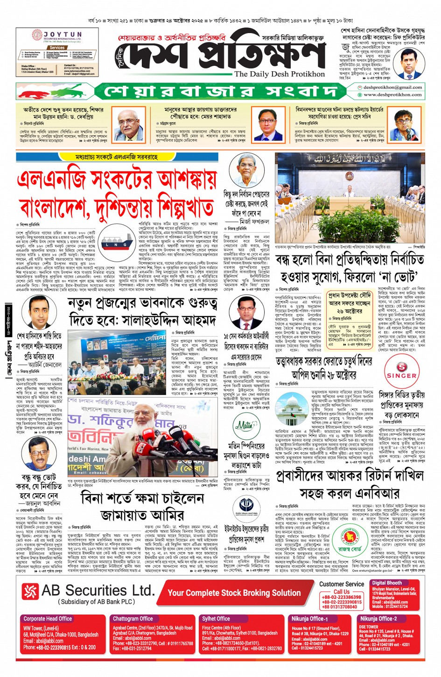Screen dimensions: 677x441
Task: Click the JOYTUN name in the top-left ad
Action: coord(62,35)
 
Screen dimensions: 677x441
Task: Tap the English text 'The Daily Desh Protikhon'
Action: coord(279,74)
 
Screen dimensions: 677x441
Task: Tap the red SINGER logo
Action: coord(401,371)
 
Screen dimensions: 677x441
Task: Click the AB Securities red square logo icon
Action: coord(30,591)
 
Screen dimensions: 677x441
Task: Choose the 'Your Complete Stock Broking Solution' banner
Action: coord(234,593)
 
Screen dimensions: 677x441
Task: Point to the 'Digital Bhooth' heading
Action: coord(387,583)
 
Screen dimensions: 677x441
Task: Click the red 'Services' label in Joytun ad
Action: coord(57,48)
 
